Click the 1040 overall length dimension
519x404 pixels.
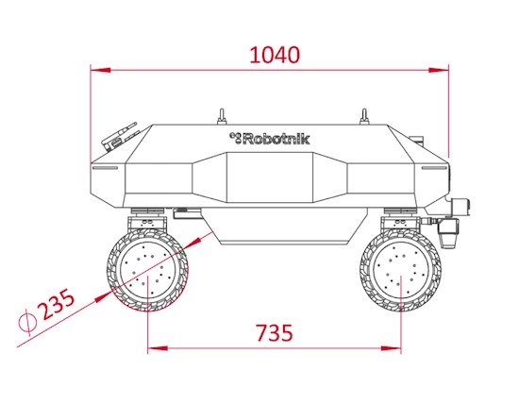275,55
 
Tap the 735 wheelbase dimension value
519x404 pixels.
275,332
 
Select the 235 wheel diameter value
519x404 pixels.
57,304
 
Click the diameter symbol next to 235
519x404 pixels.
27,320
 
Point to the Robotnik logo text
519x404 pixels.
270,139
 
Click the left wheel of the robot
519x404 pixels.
147,270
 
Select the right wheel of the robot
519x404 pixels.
400,270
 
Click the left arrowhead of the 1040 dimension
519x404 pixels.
101,70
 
